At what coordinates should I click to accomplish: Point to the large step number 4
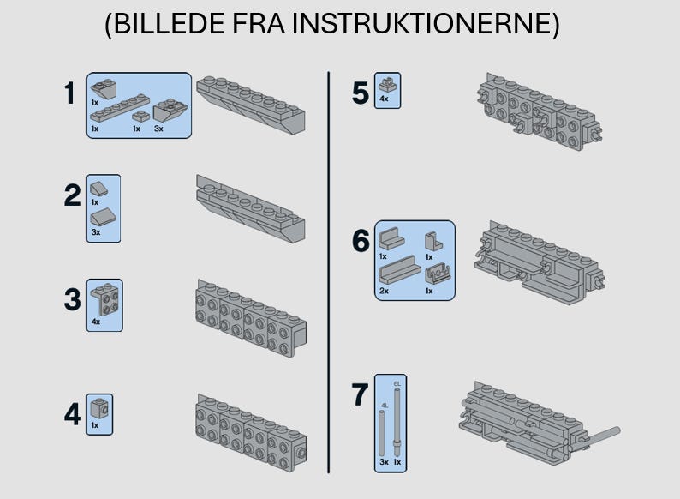click(73, 415)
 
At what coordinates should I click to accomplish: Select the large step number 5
click(361, 93)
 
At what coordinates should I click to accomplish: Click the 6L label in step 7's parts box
click(397, 382)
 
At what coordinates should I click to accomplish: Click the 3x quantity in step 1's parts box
click(158, 129)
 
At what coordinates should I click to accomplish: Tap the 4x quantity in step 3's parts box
click(95, 322)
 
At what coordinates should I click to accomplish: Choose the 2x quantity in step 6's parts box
click(384, 291)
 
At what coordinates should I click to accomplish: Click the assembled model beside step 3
click(251, 316)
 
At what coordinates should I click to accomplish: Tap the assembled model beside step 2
click(251, 209)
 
